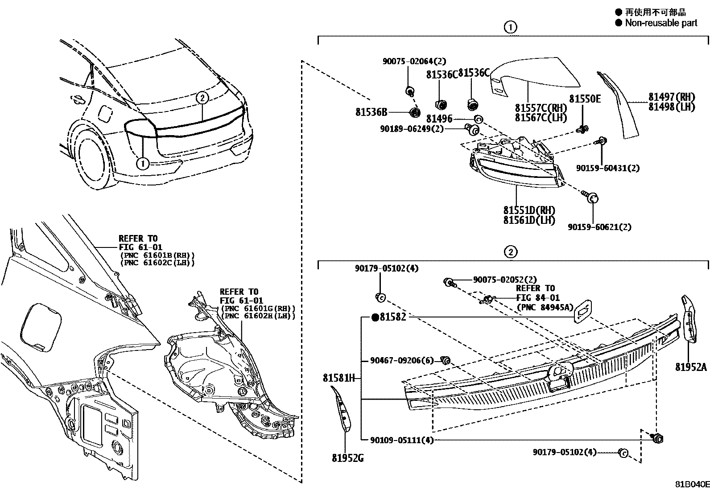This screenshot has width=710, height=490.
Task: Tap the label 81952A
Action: click(x=691, y=367)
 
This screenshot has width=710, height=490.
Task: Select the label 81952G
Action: click(x=347, y=458)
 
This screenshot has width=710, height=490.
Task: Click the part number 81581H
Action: click(x=338, y=378)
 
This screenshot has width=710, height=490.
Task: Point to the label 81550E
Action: click(x=585, y=99)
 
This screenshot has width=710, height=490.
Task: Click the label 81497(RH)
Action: click(x=671, y=97)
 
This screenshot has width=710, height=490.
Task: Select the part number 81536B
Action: click(x=371, y=112)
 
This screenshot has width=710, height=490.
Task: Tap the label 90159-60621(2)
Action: click(x=599, y=227)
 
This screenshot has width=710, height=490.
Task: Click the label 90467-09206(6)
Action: click(x=401, y=360)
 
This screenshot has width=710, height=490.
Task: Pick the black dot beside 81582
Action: click(x=375, y=317)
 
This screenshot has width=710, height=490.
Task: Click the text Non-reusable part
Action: click(x=661, y=23)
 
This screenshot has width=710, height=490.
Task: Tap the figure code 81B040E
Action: click(x=691, y=484)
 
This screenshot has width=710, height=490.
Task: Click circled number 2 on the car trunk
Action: click(x=202, y=98)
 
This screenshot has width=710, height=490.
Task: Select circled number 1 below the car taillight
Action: click(x=143, y=164)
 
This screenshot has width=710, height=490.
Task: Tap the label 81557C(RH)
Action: click(x=541, y=108)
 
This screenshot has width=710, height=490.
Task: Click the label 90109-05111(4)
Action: click(x=401, y=440)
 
